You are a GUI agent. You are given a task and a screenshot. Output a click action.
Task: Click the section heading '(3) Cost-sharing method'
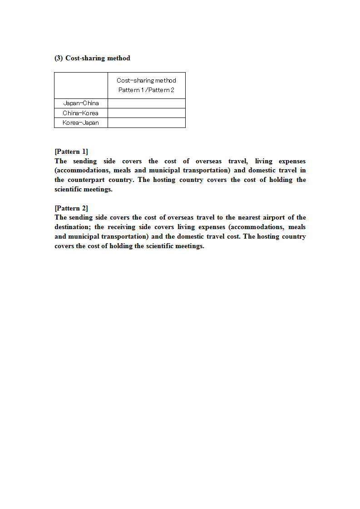point(92,58)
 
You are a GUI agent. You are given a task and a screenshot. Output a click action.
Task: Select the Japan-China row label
point(81,103)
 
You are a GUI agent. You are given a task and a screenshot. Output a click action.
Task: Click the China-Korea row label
point(81,113)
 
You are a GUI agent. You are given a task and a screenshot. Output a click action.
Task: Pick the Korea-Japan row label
point(81,122)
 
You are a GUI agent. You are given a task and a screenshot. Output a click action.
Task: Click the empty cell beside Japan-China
point(146,103)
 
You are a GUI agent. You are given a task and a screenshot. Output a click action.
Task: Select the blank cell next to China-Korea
point(146,113)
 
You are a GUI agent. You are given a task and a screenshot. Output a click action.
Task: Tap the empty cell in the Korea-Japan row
point(146,122)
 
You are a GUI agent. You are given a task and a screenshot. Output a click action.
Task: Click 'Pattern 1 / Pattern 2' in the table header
point(146,90)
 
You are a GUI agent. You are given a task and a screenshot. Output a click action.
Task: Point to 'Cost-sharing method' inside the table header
point(146,80)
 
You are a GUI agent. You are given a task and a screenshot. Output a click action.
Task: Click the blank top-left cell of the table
point(81,85)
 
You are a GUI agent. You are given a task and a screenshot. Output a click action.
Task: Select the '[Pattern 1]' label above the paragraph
point(71,152)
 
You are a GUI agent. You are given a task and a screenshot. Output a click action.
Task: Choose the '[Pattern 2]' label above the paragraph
point(71,208)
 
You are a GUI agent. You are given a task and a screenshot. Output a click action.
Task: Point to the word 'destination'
point(72,227)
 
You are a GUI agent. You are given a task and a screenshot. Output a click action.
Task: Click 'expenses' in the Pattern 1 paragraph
point(292,161)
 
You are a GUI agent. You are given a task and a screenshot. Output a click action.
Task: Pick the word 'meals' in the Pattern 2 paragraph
point(297,227)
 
